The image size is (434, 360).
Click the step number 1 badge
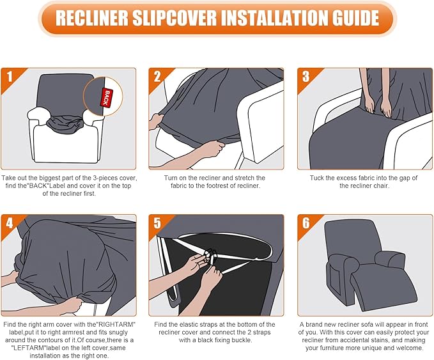pos(8,77)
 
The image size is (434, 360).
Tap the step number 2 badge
pos(157,77)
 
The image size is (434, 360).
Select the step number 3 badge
pos(305,77)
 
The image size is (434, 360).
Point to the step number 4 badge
pos(8,224)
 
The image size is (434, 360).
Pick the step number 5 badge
pos(157,224)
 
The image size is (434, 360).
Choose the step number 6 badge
pos(305,224)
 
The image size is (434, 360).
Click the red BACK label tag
pos(103,97)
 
